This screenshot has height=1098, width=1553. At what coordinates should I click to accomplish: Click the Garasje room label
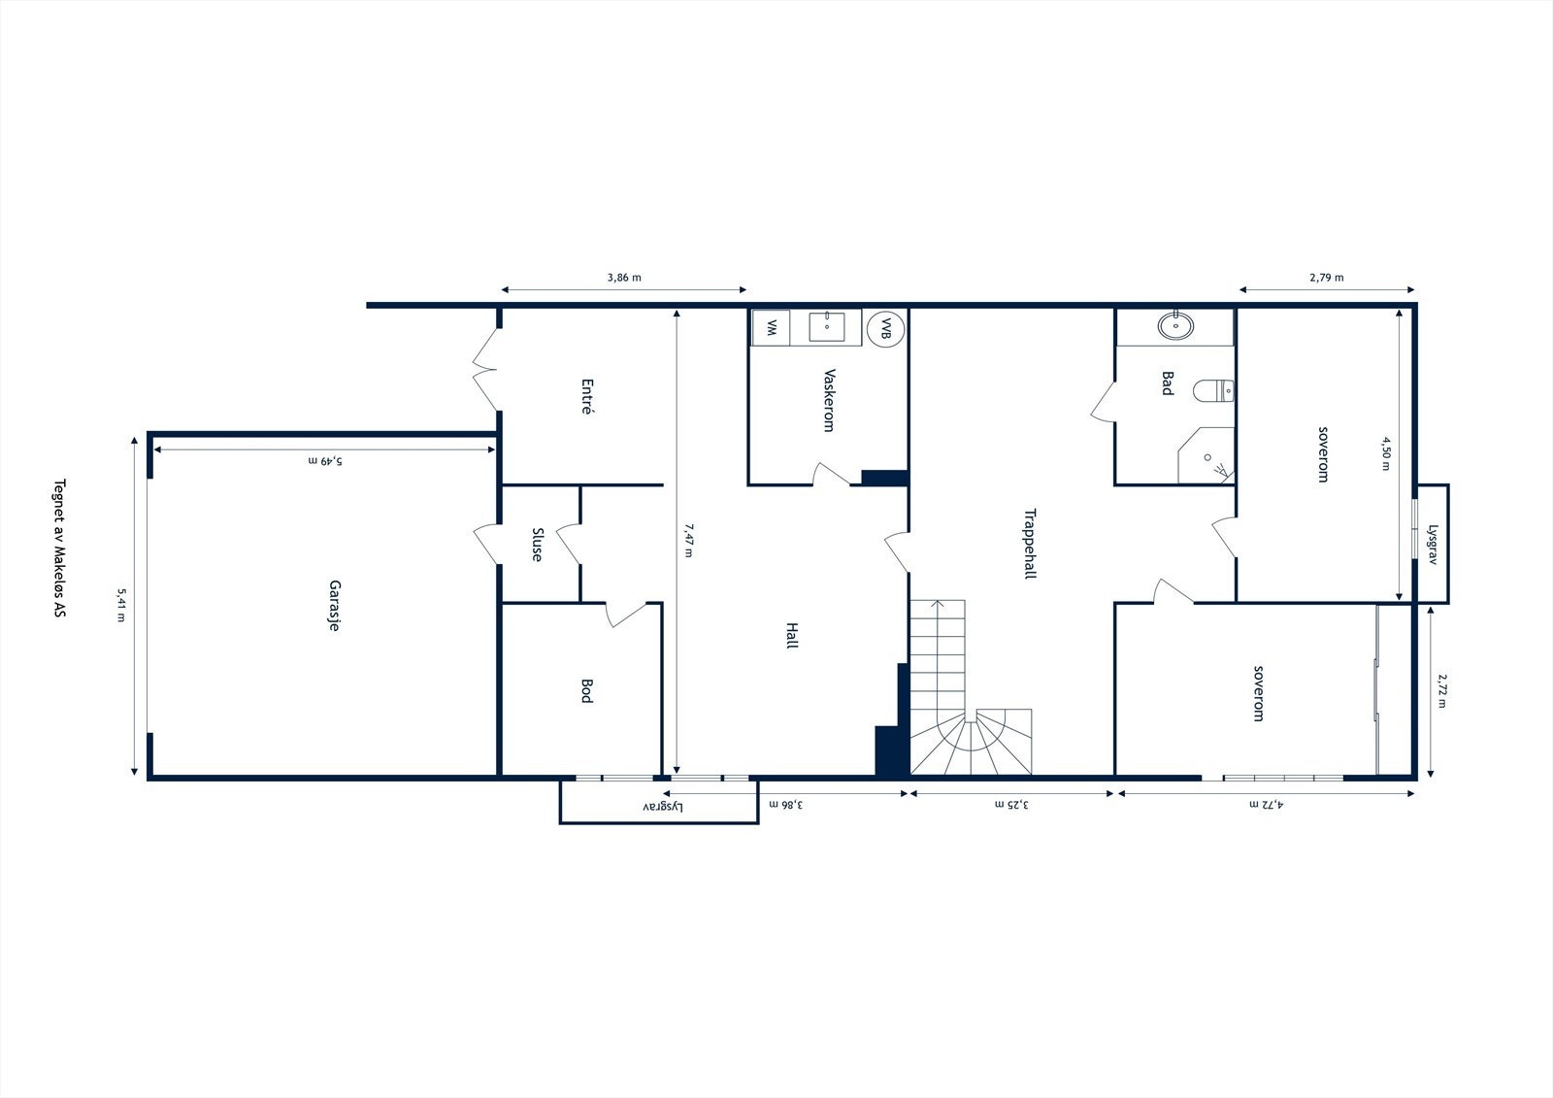point(333,607)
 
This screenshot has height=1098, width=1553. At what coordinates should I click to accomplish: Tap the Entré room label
point(585,397)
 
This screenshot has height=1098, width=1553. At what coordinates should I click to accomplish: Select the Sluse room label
point(537,545)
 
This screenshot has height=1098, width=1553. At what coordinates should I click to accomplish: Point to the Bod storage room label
point(585,690)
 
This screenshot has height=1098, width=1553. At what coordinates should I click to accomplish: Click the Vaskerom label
point(828,400)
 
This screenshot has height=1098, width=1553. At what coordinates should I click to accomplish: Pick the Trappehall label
point(1030,544)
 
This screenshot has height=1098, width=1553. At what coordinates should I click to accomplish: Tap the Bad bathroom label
point(1168,383)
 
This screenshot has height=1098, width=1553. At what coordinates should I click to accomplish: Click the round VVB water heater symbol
point(885,329)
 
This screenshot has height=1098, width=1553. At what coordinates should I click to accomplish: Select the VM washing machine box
point(772,328)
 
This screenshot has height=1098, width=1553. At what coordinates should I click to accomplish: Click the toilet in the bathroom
point(1214,390)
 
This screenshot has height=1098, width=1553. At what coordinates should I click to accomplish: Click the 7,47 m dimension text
point(688,541)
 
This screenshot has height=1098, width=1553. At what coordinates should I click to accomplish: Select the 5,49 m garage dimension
point(324,460)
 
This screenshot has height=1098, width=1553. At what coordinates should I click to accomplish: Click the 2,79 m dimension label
point(1326,278)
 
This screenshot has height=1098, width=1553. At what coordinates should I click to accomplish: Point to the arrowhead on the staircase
point(938,604)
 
